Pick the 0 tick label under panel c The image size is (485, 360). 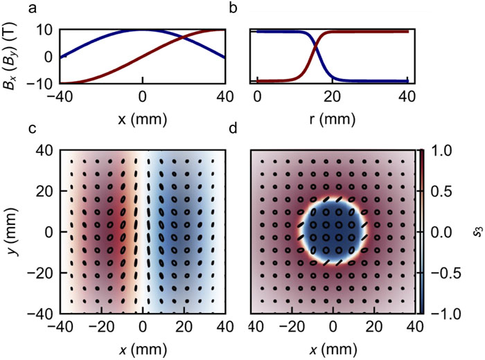[143, 326]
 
